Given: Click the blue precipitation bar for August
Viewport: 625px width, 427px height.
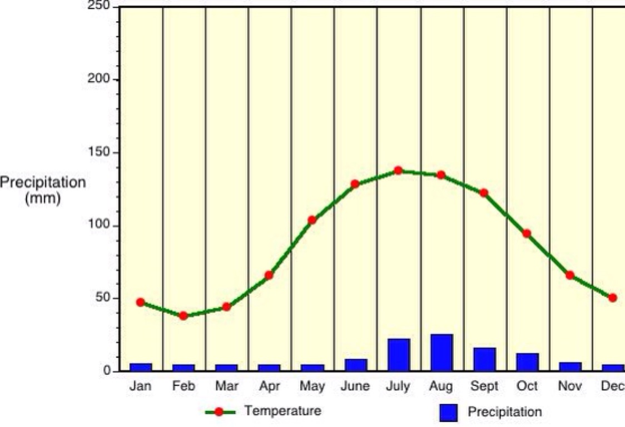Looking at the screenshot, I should (442, 352).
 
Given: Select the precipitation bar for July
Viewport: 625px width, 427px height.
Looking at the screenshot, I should (399, 355).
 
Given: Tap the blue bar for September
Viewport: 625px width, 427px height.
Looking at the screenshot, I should (484, 359).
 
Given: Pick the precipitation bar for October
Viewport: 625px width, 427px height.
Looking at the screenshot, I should (527, 362).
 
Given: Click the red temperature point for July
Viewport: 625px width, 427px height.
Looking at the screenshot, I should (398, 170).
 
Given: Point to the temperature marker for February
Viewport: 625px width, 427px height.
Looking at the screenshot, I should (183, 316).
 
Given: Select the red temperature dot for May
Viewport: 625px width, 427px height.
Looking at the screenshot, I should (312, 220).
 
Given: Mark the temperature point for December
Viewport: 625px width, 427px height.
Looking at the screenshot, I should (613, 298).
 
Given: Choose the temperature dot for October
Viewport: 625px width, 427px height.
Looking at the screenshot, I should (527, 234).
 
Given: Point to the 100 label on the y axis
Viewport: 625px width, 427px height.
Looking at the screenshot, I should (100, 226).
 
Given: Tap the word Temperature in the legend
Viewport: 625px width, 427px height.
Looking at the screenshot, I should (283, 411).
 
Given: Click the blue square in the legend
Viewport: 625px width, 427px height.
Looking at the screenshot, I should (448, 413).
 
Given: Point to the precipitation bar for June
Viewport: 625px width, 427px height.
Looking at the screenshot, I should (356, 365).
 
